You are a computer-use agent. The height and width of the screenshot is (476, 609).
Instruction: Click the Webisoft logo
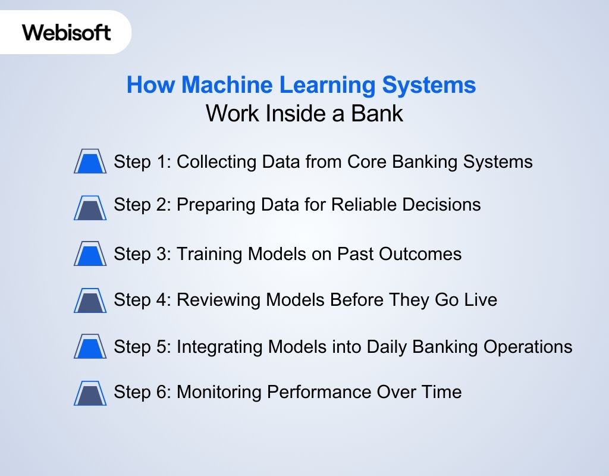tap(67, 32)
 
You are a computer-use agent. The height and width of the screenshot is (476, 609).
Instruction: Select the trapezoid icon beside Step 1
tap(90, 161)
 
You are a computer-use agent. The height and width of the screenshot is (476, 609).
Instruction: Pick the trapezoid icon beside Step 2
tap(90, 208)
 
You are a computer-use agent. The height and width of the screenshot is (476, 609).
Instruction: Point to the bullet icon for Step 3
tap(90, 253)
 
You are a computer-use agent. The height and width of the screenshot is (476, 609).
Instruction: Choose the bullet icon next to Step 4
tap(90, 300)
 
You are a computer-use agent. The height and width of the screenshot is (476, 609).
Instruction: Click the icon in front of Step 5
tap(90, 346)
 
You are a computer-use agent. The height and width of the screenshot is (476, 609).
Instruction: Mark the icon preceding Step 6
tap(90, 392)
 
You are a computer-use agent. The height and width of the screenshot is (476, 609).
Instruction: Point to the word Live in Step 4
tap(482, 299)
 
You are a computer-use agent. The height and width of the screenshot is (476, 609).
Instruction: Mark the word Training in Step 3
tap(209, 254)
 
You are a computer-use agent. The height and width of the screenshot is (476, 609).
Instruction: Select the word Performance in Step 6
tap(319, 392)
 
